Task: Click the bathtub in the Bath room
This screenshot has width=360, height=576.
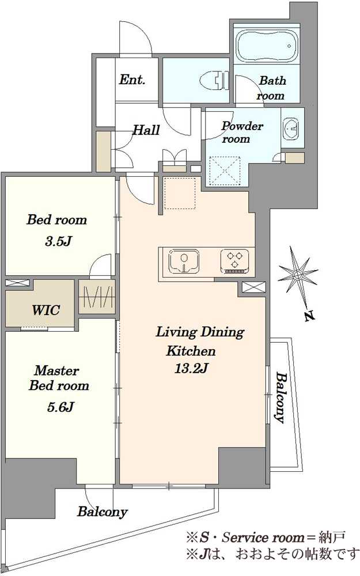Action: point(267,46)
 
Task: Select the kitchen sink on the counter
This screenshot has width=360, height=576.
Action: point(184,262)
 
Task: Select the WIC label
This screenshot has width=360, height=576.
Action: point(46,310)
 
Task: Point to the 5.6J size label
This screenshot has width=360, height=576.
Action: point(60,407)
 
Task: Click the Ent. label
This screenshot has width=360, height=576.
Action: point(132,79)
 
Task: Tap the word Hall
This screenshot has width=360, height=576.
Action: point(146,130)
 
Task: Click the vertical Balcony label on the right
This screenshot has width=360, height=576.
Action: point(281,398)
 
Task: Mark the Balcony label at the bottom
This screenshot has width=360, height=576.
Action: point(102,511)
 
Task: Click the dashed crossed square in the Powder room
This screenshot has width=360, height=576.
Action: point(225,171)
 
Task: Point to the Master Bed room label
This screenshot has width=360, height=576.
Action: point(58,378)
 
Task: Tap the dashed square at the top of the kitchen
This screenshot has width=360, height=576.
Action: point(179,193)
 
